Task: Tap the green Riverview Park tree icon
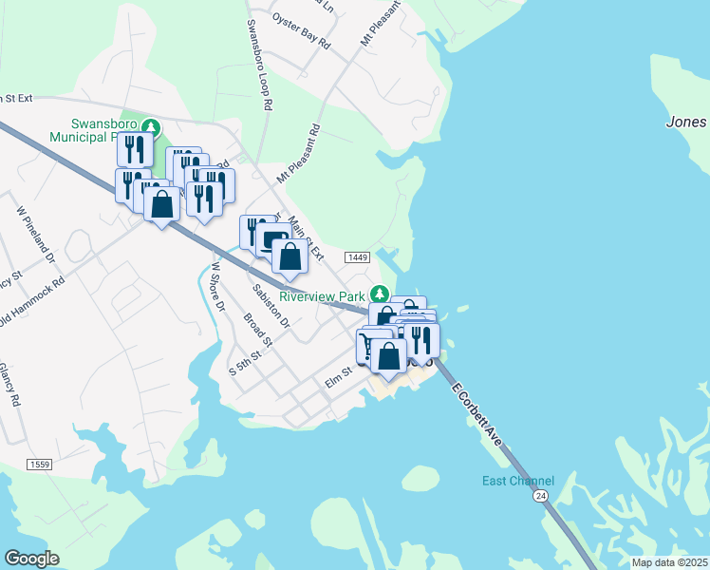pos(381,293)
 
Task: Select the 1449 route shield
pos(357,257)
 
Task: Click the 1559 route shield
pos(39,464)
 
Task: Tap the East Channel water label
pos(517,481)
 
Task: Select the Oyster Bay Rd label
pos(301,31)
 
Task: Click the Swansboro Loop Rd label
pos(259,64)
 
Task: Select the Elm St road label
pos(338,377)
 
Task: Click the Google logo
pos(31,559)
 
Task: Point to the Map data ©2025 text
pos(669,562)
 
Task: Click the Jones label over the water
pos(686,122)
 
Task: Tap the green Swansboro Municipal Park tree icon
pos(150,126)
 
